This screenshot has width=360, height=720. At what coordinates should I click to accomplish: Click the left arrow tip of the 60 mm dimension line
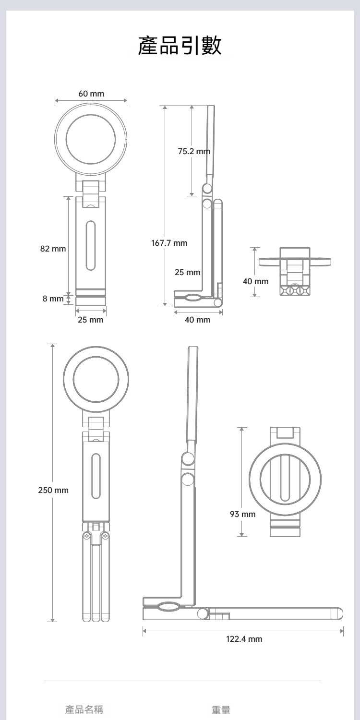point(55,101)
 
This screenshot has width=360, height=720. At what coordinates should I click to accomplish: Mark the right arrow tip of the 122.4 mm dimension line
point(343,631)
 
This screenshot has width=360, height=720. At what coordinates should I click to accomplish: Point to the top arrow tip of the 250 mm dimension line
point(52,344)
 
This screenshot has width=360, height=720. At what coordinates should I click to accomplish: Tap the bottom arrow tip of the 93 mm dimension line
point(242,536)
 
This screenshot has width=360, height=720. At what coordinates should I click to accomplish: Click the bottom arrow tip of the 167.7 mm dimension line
point(165,306)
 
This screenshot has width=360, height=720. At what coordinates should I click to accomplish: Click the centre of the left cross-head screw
point(86,536)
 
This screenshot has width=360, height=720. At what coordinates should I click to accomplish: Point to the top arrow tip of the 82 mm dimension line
point(69,196)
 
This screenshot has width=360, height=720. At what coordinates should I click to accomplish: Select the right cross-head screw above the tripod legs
point(105,536)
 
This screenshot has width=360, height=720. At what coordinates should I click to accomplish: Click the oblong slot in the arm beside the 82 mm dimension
point(91,245)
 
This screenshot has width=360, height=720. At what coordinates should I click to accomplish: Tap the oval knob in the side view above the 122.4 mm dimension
point(169,607)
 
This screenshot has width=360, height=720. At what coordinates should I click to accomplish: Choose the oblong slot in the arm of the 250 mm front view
point(96,476)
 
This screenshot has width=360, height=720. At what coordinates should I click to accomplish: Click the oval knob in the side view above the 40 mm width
point(192,298)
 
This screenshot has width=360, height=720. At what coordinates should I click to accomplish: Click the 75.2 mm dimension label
point(194,151)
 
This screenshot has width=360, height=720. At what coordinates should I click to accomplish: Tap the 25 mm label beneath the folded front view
point(91,320)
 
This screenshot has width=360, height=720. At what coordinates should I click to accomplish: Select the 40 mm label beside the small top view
point(255,282)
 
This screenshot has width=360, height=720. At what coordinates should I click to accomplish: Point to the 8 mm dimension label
point(53,299)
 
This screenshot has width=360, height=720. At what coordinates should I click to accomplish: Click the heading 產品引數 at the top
point(180,45)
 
